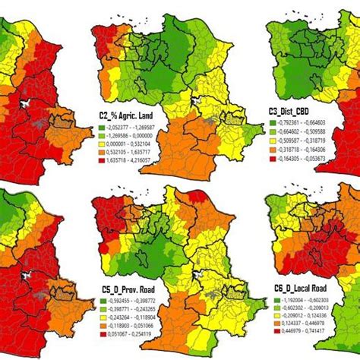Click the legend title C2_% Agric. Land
[x=131, y=114]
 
